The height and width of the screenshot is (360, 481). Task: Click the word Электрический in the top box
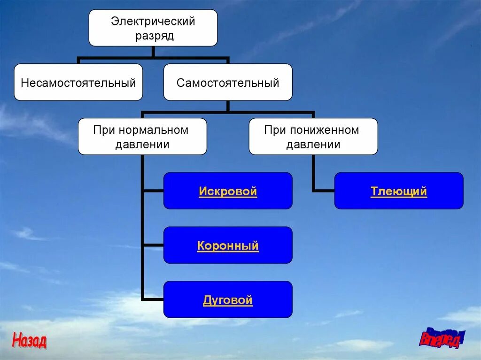(x=153, y=21)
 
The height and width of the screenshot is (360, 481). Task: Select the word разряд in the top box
(x=155, y=36)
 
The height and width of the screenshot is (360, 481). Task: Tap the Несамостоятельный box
(x=78, y=83)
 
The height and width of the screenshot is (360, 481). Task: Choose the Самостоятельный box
(x=228, y=83)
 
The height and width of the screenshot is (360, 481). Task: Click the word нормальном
(x=154, y=130)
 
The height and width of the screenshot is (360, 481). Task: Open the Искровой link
(x=228, y=191)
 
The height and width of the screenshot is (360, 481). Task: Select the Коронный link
(x=228, y=246)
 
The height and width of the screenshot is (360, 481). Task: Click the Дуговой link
(x=228, y=300)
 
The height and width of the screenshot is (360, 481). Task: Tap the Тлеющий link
(x=399, y=191)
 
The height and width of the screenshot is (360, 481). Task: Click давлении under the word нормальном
(x=142, y=145)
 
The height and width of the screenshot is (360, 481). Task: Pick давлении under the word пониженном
(x=313, y=145)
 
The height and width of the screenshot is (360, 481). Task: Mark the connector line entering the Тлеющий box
(x=324, y=191)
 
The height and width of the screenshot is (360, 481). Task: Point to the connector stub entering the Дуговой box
(x=153, y=299)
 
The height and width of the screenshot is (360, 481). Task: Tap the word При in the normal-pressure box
(x=104, y=130)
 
